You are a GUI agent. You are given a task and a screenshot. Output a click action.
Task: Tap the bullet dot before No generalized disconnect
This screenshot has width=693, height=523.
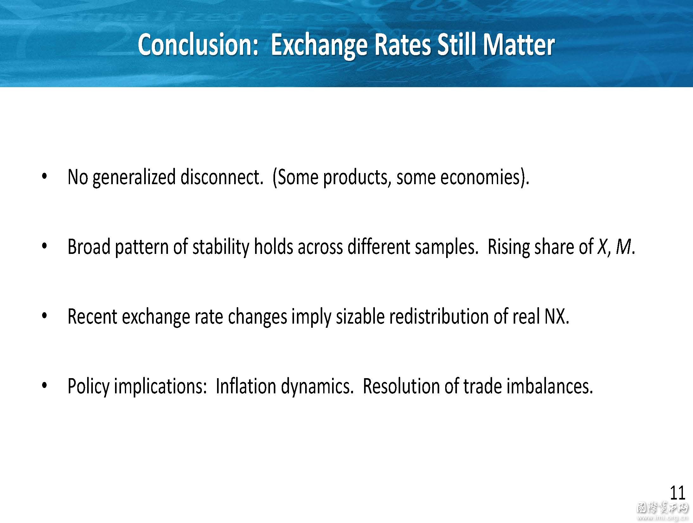click(x=44, y=176)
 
